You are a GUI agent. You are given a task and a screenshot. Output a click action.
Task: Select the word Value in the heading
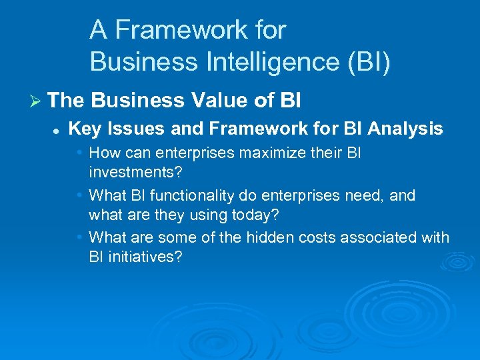(x=223, y=101)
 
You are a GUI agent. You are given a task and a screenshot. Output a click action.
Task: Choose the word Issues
(x=128, y=129)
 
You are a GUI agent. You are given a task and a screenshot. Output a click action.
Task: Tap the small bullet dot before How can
(x=79, y=152)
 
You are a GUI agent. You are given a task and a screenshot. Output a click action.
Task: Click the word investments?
(x=135, y=171)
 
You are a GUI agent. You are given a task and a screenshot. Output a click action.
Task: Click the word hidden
(x=257, y=237)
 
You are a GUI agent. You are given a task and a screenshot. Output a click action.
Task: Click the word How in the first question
(x=103, y=153)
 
